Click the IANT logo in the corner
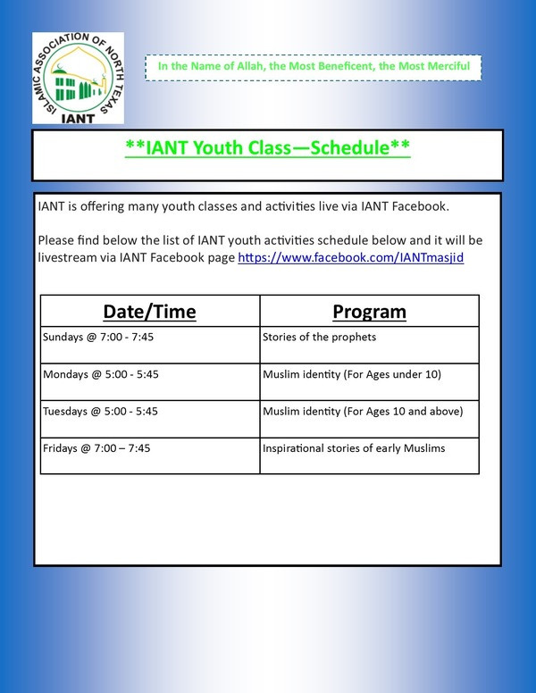pos(78,78)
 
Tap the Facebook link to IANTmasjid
pos(351,257)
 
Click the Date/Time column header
pos(149,312)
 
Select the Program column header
pos(369,312)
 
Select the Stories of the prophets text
pos(319,338)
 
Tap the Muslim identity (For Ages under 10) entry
pos(352,374)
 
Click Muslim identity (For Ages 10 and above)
pos(363,412)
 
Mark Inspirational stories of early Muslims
pos(354,448)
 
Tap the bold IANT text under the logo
pos(78,119)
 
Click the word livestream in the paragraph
pos(66,257)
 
